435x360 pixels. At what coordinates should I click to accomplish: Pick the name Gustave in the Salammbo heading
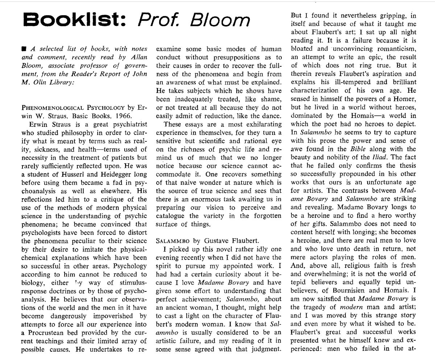point(215,240)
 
